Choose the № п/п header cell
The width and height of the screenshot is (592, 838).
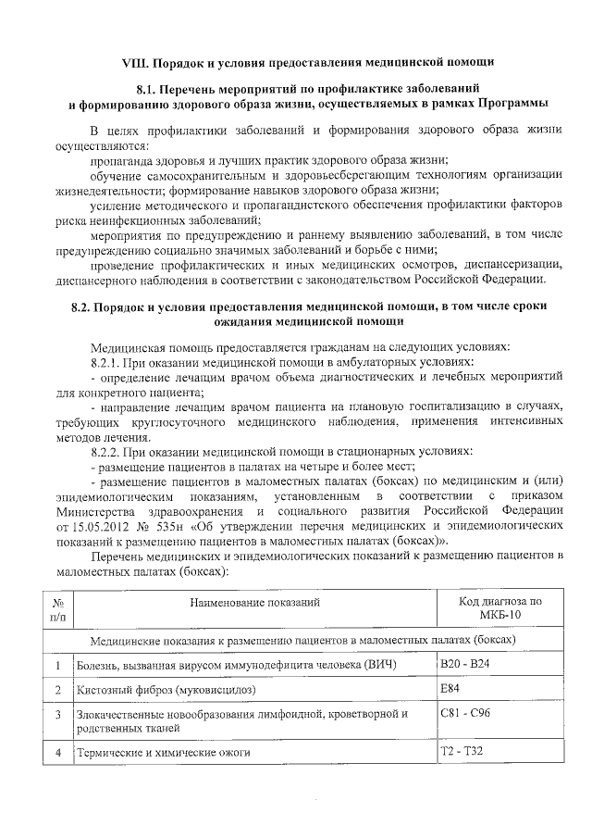click(58, 608)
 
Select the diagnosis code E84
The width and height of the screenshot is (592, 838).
click(450, 688)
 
